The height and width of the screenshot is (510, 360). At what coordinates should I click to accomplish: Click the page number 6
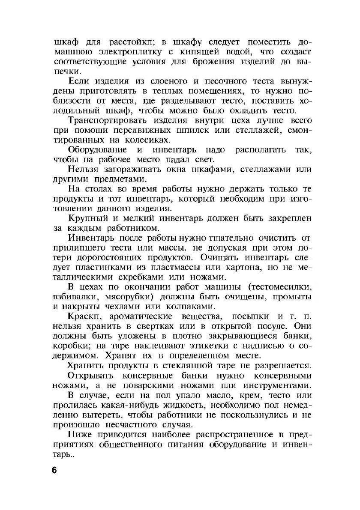[x=54, y=470]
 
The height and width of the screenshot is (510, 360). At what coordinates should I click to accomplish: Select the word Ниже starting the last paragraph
[x=80, y=435]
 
